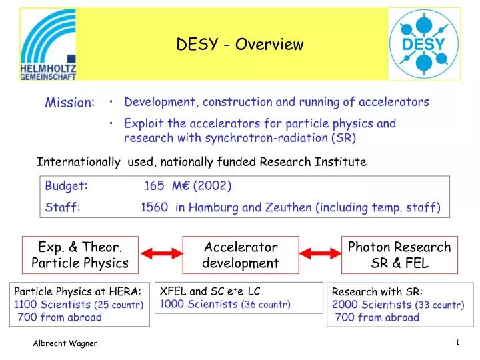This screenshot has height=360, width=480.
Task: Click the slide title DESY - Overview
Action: point(239,45)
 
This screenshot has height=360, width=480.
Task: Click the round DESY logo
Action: point(423,45)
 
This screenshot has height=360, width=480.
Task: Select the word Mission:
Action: point(69,103)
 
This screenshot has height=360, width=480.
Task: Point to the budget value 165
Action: point(155,186)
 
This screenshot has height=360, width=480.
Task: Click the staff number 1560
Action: point(154,207)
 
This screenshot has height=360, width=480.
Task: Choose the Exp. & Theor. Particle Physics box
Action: point(80,255)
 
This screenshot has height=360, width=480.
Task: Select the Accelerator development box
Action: point(240,255)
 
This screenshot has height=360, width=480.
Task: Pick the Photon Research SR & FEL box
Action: point(399,255)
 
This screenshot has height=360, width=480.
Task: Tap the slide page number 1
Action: point(459,343)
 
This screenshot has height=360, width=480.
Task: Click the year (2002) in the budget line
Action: point(212,186)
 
